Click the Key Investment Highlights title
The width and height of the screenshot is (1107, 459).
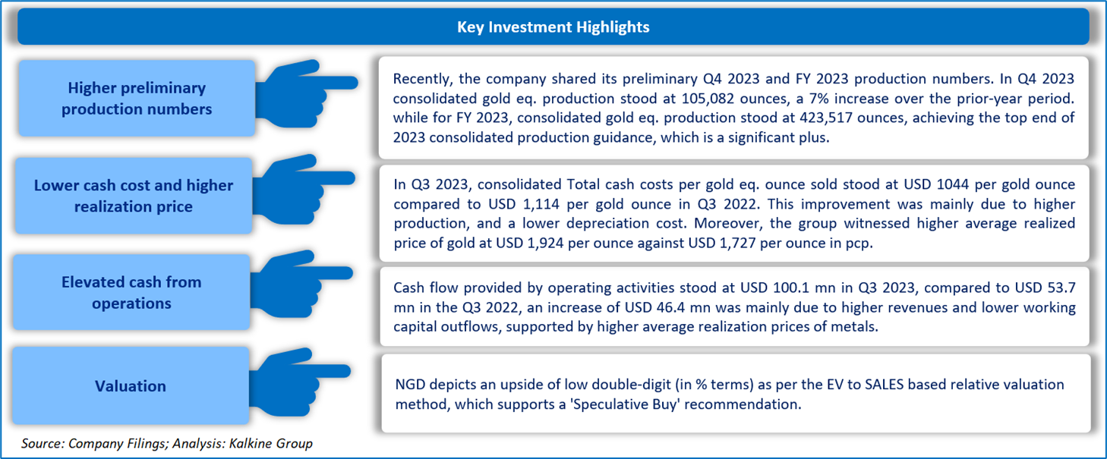point(553,27)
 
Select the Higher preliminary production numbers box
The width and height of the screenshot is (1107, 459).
point(137,99)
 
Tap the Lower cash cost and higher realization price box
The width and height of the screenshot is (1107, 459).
point(134,196)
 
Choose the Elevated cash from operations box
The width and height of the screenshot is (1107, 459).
point(131,293)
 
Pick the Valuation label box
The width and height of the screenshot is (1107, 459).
point(131,386)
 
